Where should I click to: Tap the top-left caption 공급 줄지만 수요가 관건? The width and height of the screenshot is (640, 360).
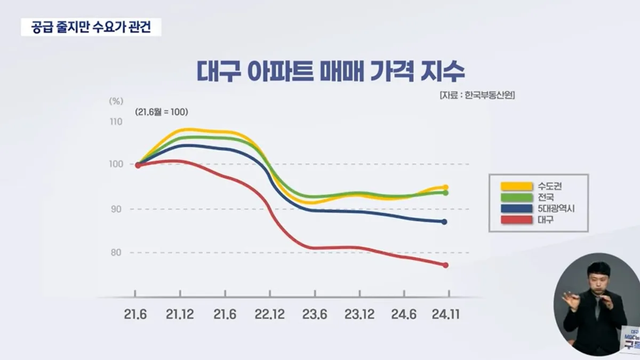[91, 27]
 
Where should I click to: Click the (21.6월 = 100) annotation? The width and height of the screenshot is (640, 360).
[162, 112]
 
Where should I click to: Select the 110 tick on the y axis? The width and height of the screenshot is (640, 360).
[116, 122]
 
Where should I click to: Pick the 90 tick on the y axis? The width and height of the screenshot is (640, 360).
[116, 209]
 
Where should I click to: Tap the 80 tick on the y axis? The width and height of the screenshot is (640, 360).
[116, 252]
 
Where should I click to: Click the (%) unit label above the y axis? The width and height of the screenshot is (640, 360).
[116, 100]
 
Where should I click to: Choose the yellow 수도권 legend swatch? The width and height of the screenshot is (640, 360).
[516, 186]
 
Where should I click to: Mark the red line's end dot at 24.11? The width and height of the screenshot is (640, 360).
[445, 265]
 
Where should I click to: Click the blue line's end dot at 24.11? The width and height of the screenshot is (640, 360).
[445, 221]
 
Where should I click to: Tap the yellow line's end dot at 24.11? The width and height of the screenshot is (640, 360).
[445, 187]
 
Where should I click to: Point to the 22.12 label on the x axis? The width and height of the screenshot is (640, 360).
[270, 315]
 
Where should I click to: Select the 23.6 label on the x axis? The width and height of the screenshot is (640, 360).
[315, 315]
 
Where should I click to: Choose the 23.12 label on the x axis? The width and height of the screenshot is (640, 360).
[359, 315]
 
